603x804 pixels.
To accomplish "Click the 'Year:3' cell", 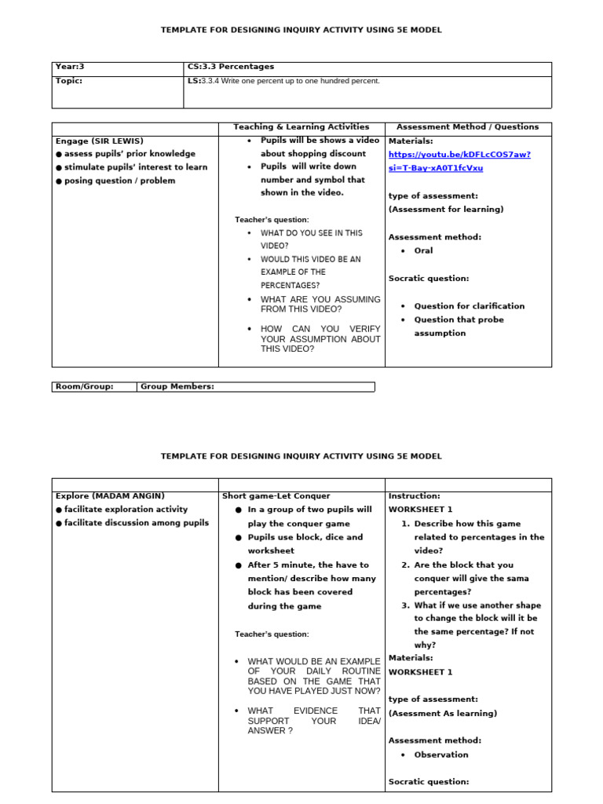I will point(71,68).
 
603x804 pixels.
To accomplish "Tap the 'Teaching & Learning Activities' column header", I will point(301,127).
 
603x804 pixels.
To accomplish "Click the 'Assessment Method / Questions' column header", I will point(468,127).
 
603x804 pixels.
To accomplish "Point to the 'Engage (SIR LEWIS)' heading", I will point(100,141).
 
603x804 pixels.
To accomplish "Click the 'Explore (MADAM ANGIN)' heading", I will point(110,496).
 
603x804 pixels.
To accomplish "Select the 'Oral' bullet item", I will point(423,251).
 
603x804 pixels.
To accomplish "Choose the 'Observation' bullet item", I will point(440,755).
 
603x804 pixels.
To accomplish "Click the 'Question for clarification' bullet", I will point(469,306).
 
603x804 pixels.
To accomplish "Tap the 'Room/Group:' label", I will point(85,386).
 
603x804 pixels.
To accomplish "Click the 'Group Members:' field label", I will point(177,386).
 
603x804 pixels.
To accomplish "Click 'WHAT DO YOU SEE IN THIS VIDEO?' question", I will point(311,239).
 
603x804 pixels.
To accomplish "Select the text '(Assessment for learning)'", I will point(446,210).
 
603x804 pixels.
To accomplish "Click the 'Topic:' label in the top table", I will point(69,81).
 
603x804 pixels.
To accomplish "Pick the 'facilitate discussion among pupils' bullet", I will point(136,523).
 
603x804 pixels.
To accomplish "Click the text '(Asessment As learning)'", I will point(443,714).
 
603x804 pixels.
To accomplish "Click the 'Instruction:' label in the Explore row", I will point(415,496).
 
